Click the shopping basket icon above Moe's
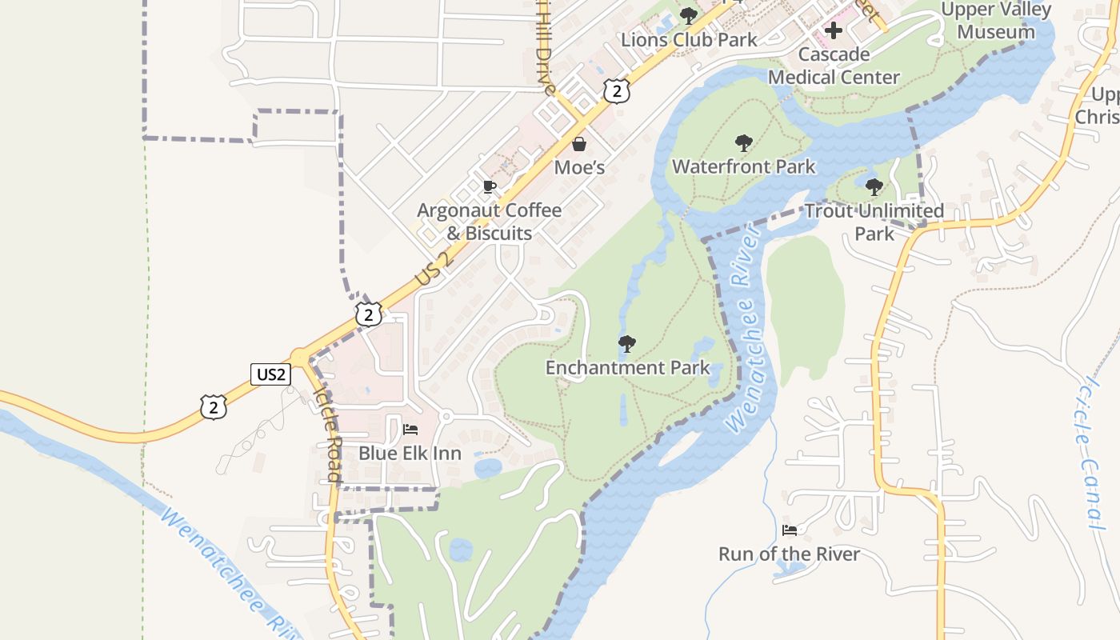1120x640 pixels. (x=579, y=144)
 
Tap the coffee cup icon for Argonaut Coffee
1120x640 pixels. (x=490, y=187)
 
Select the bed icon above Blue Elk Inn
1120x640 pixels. (x=410, y=430)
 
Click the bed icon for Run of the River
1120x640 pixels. (x=789, y=530)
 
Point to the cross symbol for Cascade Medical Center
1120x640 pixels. (x=834, y=31)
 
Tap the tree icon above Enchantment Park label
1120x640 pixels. (x=627, y=345)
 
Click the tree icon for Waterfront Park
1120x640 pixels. (x=744, y=144)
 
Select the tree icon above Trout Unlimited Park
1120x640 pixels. (x=874, y=187)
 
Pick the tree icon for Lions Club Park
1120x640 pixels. (x=688, y=16)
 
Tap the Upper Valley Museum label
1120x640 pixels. (x=995, y=22)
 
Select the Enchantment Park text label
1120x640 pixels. (x=627, y=368)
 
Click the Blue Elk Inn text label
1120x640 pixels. (x=410, y=454)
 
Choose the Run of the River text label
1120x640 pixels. (x=789, y=554)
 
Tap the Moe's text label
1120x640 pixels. (x=579, y=167)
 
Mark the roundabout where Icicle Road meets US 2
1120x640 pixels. (x=301, y=357)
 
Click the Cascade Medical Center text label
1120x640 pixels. (x=834, y=66)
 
